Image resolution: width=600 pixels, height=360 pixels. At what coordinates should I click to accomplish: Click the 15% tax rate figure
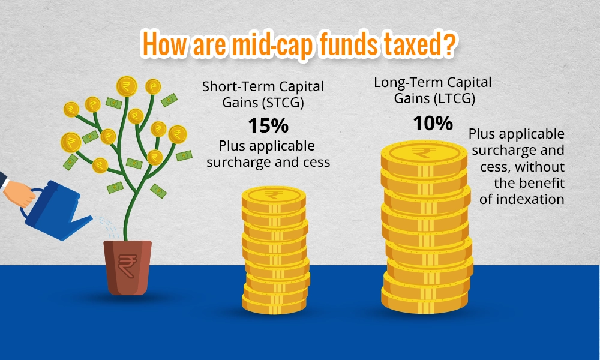(268, 126)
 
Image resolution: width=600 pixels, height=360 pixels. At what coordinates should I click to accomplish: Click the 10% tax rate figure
(432, 124)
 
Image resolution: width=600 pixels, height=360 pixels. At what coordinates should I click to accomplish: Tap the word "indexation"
(522, 199)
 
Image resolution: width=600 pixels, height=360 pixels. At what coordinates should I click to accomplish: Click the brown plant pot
(127, 267)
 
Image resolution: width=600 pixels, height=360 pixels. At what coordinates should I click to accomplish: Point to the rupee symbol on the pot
(127, 262)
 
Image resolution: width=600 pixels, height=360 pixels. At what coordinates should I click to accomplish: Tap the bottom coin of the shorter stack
(275, 299)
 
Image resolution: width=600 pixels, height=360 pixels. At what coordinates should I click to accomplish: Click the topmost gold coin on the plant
(127, 85)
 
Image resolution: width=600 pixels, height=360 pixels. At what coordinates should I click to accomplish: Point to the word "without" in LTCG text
(542, 166)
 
